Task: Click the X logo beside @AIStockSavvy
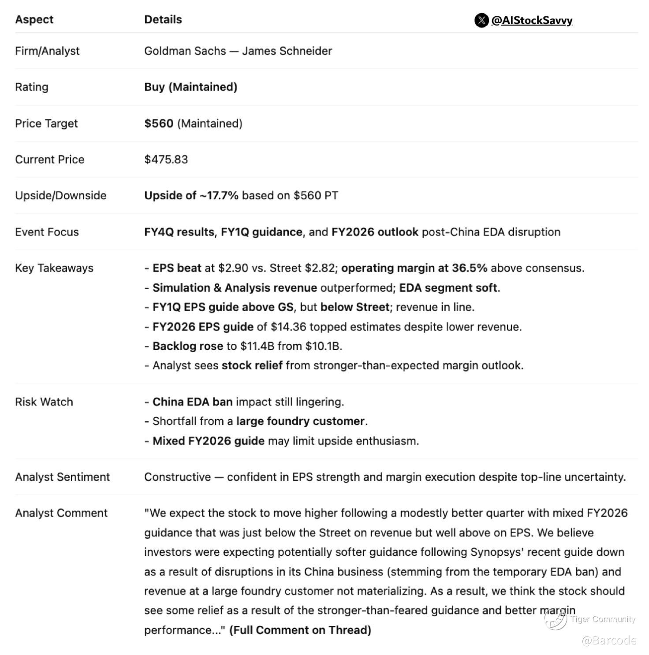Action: click(481, 20)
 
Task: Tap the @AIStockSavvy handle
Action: click(532, 20)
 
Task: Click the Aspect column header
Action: click(34, 19)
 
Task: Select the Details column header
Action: click(163, 19)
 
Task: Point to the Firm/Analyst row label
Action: click(47, 51)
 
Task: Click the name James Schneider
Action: click(287, 51)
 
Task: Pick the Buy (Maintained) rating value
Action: click(190, 87)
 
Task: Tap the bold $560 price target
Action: click(159, 123)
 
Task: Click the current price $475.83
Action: click(166, 160)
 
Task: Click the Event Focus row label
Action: click(47, 232)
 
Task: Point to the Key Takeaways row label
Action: click(54, 268)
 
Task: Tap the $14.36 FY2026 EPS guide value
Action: click(287, 327)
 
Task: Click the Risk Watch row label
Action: click(44, 402)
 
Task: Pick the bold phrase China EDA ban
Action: click(192, 402)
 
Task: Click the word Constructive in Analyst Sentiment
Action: click(178, 477)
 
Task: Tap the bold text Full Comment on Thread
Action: click(300, 630)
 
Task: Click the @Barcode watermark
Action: click(609, 640)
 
